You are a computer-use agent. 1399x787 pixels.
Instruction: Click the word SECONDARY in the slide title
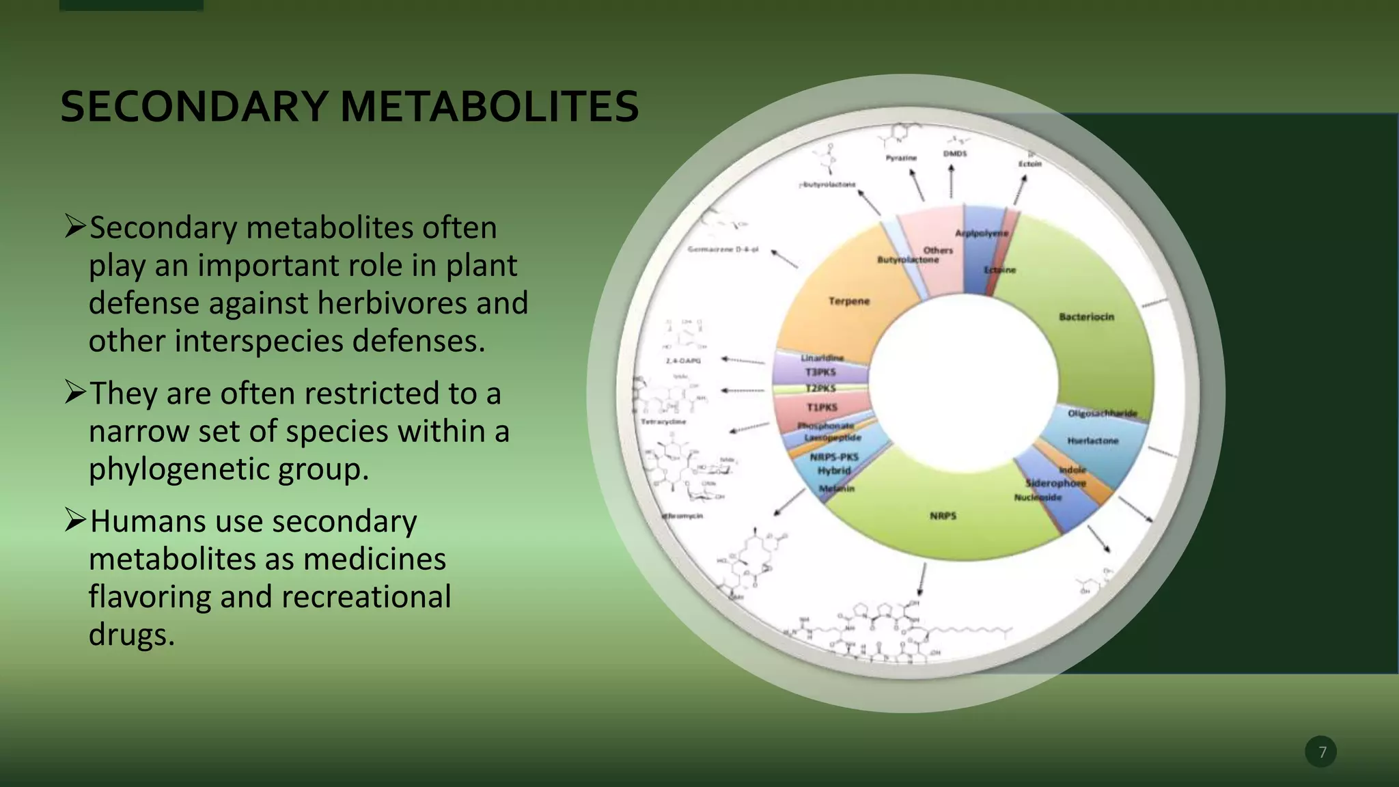[195, 107]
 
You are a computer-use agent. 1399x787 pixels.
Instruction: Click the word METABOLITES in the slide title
[489, 107]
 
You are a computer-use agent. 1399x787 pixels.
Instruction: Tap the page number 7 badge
[1321, 751]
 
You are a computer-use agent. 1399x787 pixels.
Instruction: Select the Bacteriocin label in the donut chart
[1086, 317]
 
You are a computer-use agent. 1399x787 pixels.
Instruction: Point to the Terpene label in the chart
[849, 301]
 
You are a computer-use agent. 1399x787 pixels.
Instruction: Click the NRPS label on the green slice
[943, 516]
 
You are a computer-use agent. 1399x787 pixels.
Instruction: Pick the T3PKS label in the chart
[820, 372]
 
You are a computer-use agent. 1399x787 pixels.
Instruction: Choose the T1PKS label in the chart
[822, 407]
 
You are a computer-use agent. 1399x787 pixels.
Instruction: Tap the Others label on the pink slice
[938, 250]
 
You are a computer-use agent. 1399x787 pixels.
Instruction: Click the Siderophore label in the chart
[1055, 483]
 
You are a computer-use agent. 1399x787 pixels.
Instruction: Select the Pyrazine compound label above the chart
[901, 158]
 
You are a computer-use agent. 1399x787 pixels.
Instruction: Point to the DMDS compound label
[955, 154]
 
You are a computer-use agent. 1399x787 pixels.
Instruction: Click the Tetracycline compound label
[663, 422]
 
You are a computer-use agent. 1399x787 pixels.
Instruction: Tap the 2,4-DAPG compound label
[683, 360]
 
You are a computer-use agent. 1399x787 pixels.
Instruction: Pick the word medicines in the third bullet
[374, 559]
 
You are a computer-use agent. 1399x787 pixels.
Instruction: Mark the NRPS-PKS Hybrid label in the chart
[834, 464]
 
